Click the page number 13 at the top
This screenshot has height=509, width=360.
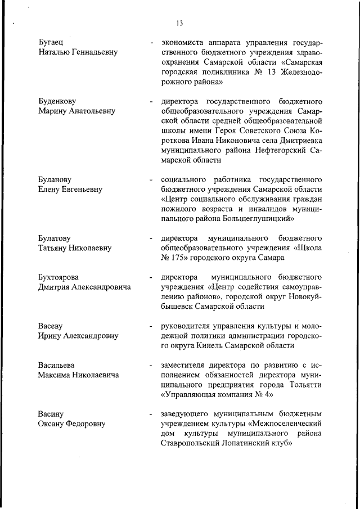click(179, 23)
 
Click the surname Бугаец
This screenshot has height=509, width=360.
click(51, 42)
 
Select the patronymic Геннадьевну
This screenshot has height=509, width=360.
click(91, 52)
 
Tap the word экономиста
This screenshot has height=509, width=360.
click(182, 42)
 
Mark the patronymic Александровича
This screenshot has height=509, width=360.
click(98, 287)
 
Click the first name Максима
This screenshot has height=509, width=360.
click(56, 375)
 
